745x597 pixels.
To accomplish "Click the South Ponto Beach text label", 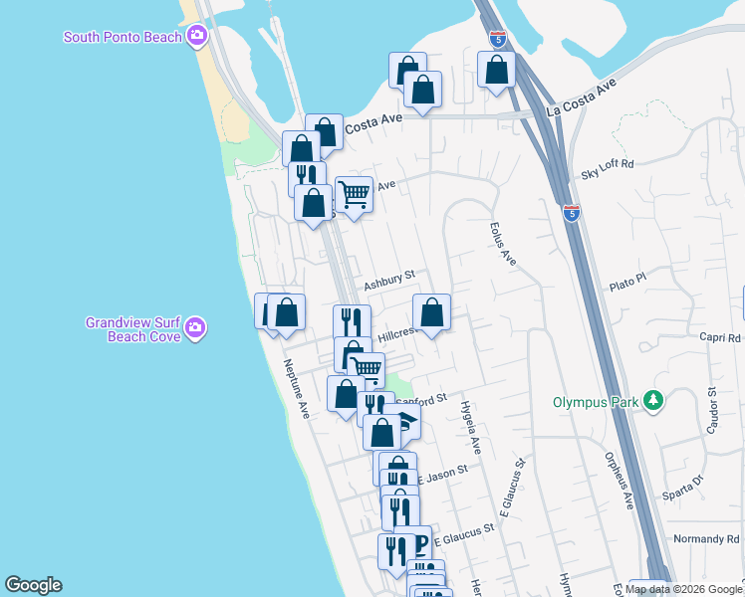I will tap(123, 37).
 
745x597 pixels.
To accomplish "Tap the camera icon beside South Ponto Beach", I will tap(197, 37).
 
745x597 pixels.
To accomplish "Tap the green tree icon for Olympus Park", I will tap(653, 400).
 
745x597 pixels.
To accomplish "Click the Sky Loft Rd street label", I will tap(607, 169).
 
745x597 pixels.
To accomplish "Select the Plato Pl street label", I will tap(627, 286).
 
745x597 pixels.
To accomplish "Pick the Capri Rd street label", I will tap(719, 337).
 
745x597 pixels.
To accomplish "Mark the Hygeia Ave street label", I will tap(469, 428).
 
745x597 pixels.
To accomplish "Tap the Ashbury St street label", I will tap(388, 283).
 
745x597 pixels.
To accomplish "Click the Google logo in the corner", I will tap(33, 585).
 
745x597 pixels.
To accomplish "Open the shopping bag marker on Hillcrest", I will tap(431, 314).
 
